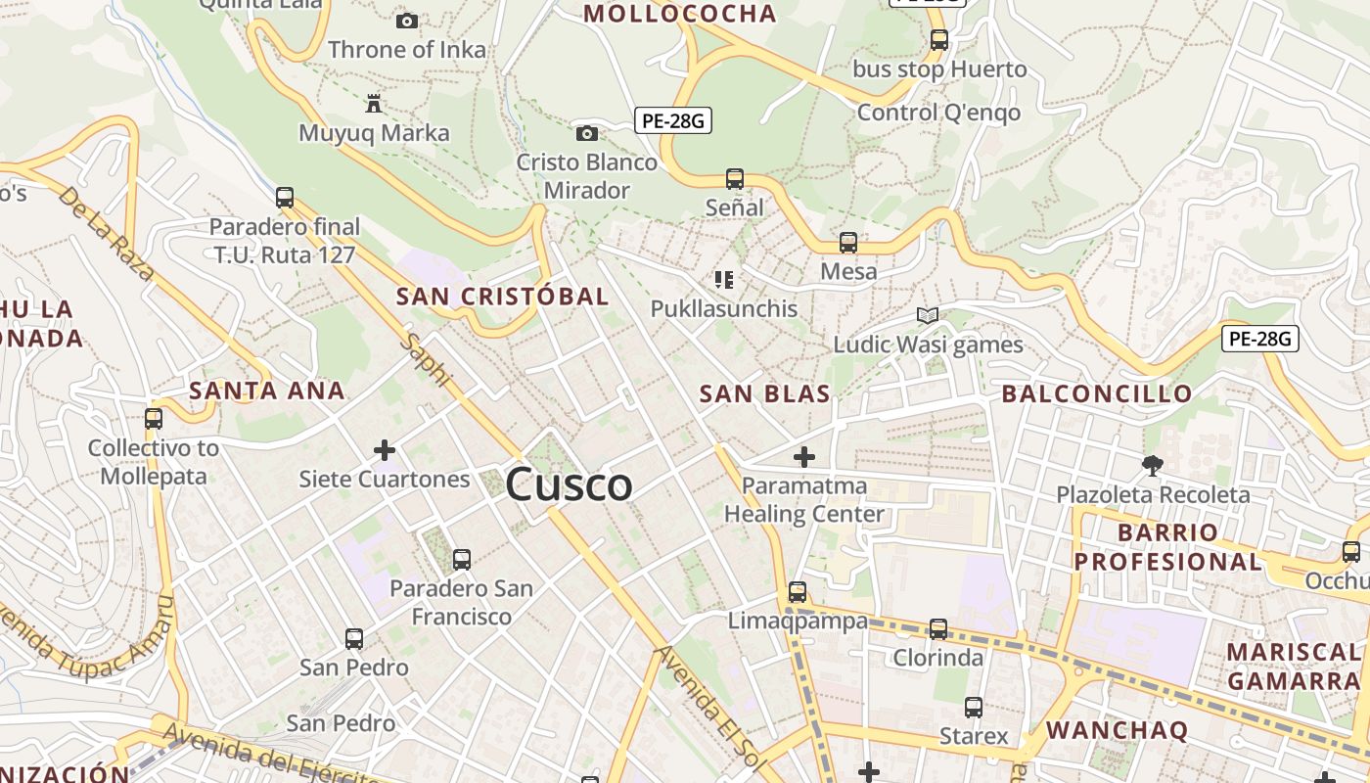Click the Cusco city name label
(x=569, y=484)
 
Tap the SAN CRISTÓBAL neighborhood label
(x=502, y=296)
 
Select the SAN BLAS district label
(x=764, y=393)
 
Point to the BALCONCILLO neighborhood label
(x=1097, y=393)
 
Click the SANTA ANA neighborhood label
(x=267, y=391)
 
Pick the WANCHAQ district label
(x=1117, y=730)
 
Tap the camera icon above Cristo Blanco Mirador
(x=586, y=133)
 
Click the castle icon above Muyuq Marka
(x=373, y=103)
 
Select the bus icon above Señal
(x=734, y=179)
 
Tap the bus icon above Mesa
(x=847, y=243)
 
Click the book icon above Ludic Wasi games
(x=927, y=315)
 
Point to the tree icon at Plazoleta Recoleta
(x=1152, y=466)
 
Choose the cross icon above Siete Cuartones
(x=385, y=450)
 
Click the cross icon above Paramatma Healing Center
(x=803, y=457)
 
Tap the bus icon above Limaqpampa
(x=798, y=592)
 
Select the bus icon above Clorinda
(x=937, y=628)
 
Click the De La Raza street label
(x=105, y=233)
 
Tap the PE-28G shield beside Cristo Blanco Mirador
(x=672, y=121)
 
